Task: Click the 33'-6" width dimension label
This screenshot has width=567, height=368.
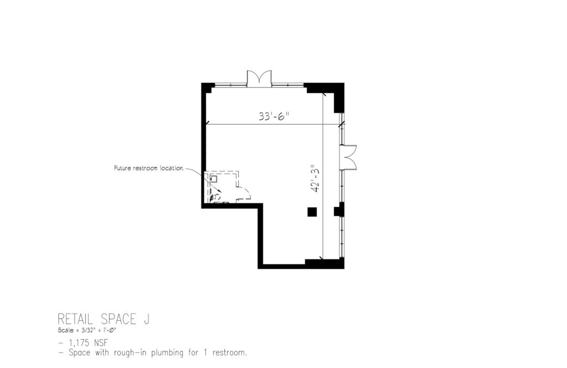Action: point(274,116)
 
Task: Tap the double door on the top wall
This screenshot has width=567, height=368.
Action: point(259,78)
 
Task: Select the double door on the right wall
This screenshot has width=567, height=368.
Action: point(348,157)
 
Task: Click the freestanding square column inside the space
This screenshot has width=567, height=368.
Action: point(312,212)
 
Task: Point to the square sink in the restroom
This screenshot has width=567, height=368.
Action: point(213,178)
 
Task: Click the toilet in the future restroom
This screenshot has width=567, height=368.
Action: point(215,197)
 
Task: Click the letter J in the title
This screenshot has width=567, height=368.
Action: point(146,319)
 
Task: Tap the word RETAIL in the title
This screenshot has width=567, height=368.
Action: point(75,319)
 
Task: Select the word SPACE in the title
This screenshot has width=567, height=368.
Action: point(118,319)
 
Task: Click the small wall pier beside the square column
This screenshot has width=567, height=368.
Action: point(338,210)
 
